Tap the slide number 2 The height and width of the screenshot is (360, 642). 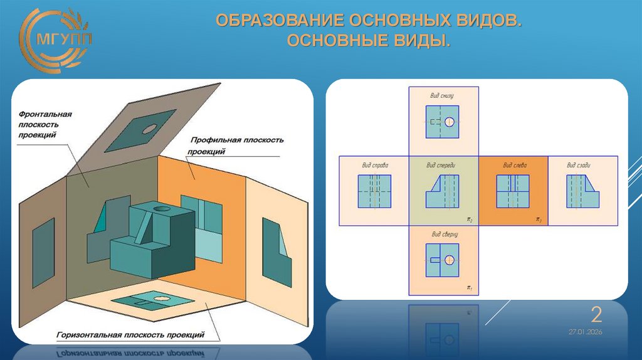click(597, 314)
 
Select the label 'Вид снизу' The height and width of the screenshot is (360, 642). click(442, 96)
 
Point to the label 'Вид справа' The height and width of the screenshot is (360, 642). click(374, 166)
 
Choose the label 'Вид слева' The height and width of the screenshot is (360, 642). click(514, 166)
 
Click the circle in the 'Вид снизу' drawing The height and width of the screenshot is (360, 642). click(450, 122)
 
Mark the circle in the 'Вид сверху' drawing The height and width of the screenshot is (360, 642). click(450, 260)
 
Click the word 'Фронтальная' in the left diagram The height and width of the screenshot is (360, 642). click(45, 114)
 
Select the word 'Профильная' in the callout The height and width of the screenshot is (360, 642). click(211, 140)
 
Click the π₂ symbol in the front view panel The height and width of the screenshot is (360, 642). click(469, 220)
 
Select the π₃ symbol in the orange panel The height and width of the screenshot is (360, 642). click(538, 220)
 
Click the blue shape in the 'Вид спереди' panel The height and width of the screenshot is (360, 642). click(443, 192)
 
